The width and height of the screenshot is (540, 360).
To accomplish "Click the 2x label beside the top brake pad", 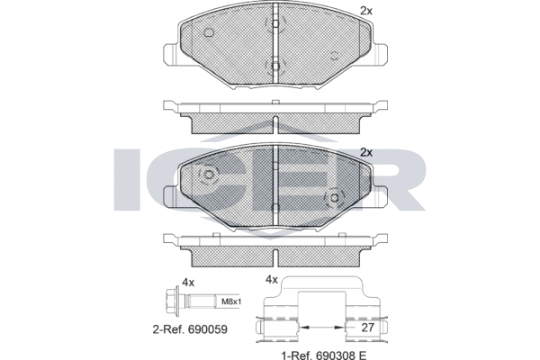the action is [366, 11].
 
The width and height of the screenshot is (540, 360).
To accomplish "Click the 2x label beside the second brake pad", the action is [366, 152].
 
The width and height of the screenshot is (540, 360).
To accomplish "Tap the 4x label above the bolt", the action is [188, 283].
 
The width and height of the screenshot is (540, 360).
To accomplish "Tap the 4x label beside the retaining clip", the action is [272, 280].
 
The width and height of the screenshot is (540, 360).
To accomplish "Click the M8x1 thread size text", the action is [231, 302].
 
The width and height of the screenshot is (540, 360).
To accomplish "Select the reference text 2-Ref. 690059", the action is [190, 329].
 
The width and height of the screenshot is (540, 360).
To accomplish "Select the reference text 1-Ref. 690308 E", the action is [324, 355].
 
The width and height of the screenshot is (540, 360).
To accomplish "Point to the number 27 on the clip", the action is [367, 328].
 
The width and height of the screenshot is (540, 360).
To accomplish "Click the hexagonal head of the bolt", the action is [170, 301].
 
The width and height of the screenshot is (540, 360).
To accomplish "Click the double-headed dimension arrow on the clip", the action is [322, 327].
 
